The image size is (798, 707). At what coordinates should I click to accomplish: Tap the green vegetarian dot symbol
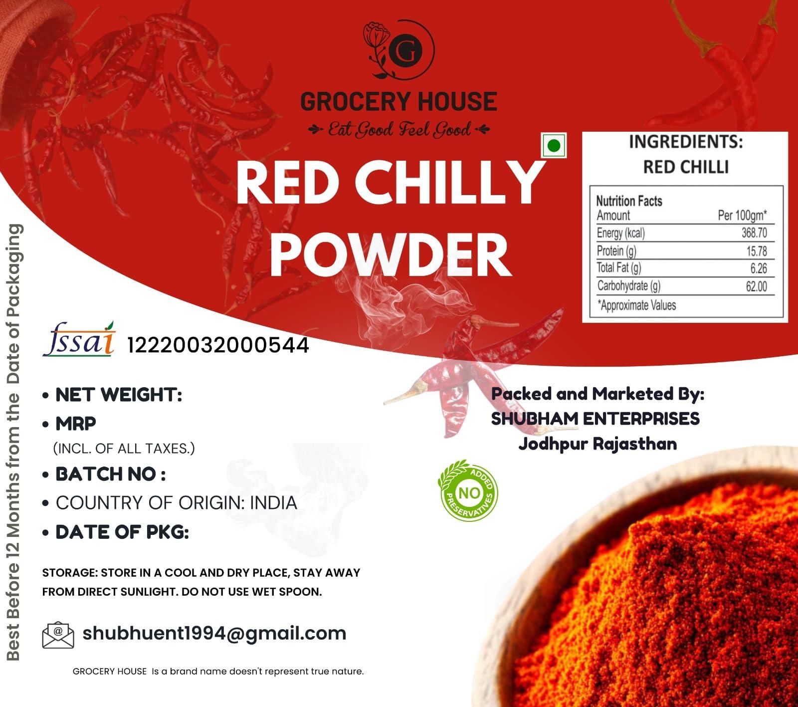554,146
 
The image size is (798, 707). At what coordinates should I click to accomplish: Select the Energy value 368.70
754,233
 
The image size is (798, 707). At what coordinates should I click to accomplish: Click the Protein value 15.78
756,251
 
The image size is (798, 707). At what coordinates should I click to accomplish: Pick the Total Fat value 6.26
758,268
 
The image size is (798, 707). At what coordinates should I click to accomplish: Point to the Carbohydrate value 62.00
756,286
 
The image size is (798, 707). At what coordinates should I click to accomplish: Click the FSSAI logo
79,340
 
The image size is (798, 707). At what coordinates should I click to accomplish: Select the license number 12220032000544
218,345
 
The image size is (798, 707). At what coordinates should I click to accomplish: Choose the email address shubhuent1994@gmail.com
214,633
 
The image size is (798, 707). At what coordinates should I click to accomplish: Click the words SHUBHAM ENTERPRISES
595,419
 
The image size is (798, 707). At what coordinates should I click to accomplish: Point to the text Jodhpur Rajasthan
598,443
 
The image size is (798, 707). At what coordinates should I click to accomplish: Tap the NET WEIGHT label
118,395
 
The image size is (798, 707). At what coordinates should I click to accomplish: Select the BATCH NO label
110,474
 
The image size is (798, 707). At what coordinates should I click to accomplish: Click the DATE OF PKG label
122,532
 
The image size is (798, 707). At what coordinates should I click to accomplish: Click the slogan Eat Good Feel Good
399,131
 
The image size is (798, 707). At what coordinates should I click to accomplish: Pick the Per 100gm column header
742,216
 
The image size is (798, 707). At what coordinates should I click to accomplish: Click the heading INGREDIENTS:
685,142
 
